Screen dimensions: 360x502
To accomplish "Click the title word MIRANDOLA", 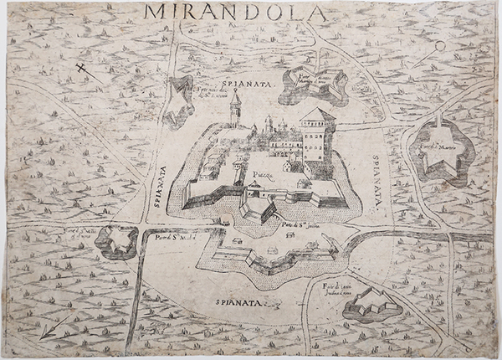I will click(234, 12).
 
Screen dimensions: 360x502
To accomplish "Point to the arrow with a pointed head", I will click(55, 327).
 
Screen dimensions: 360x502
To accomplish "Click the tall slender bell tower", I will click(236, 109).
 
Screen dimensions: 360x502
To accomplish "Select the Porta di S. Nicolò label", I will click(175, 236).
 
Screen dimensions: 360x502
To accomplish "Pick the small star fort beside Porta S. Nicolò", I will click(116, 241).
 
